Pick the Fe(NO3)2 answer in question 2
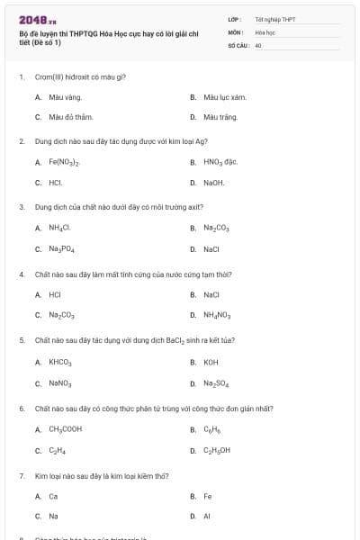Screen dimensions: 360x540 (64, 162)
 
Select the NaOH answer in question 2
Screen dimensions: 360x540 (214, 183)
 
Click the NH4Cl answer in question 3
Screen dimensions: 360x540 (59, 228)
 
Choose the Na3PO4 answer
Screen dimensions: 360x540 (62, 248)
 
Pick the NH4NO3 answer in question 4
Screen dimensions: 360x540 (218, 315)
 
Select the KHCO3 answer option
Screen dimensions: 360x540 (60, 361)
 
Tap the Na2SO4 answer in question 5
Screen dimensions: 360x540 (216, 382)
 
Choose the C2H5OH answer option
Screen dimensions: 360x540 (217, 450)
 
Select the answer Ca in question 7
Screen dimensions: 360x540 (53, 496)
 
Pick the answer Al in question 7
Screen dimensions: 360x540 (207, 517)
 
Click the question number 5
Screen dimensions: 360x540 (22, 341)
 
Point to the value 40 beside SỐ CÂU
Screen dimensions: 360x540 (258, 43)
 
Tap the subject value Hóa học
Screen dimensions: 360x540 (264, 31)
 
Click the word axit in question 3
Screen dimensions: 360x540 (197, 206)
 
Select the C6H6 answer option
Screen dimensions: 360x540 (212, 429)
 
